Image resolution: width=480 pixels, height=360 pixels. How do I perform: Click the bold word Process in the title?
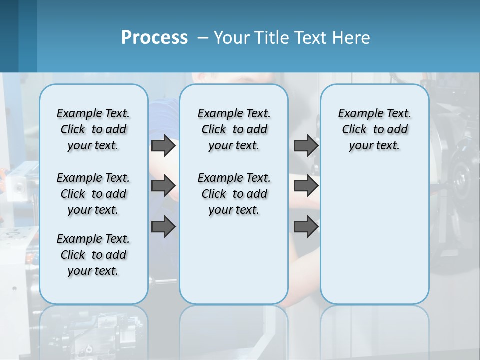click(x=154, y=37)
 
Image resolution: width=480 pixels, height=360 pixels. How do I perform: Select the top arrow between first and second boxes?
click(x=163, y=146)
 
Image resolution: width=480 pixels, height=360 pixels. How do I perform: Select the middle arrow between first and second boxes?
click(x=163, y=186)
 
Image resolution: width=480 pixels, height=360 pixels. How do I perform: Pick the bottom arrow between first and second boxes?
click(x=163, y=227)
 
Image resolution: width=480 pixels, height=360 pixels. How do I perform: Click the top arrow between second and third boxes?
click(x=306, y=146)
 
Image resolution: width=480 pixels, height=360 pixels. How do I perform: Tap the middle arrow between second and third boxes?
click(x=306, y=186)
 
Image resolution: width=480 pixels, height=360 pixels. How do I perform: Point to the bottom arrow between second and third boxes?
click(x=306, y=227)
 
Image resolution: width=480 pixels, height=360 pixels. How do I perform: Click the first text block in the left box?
click(x=93, y=129)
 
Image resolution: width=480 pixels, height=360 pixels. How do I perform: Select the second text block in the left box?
click(x=93, y=194)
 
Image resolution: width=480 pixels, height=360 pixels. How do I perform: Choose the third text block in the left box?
click(x=93, y=255)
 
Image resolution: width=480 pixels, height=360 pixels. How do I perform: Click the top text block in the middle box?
click(x=234, y=129)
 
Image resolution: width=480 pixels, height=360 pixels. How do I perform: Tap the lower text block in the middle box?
click(x=234, y=194)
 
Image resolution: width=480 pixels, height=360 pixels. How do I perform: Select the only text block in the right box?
click(x=374, y=129)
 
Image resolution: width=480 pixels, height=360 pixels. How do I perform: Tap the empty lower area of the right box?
click(x=374, y=240)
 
